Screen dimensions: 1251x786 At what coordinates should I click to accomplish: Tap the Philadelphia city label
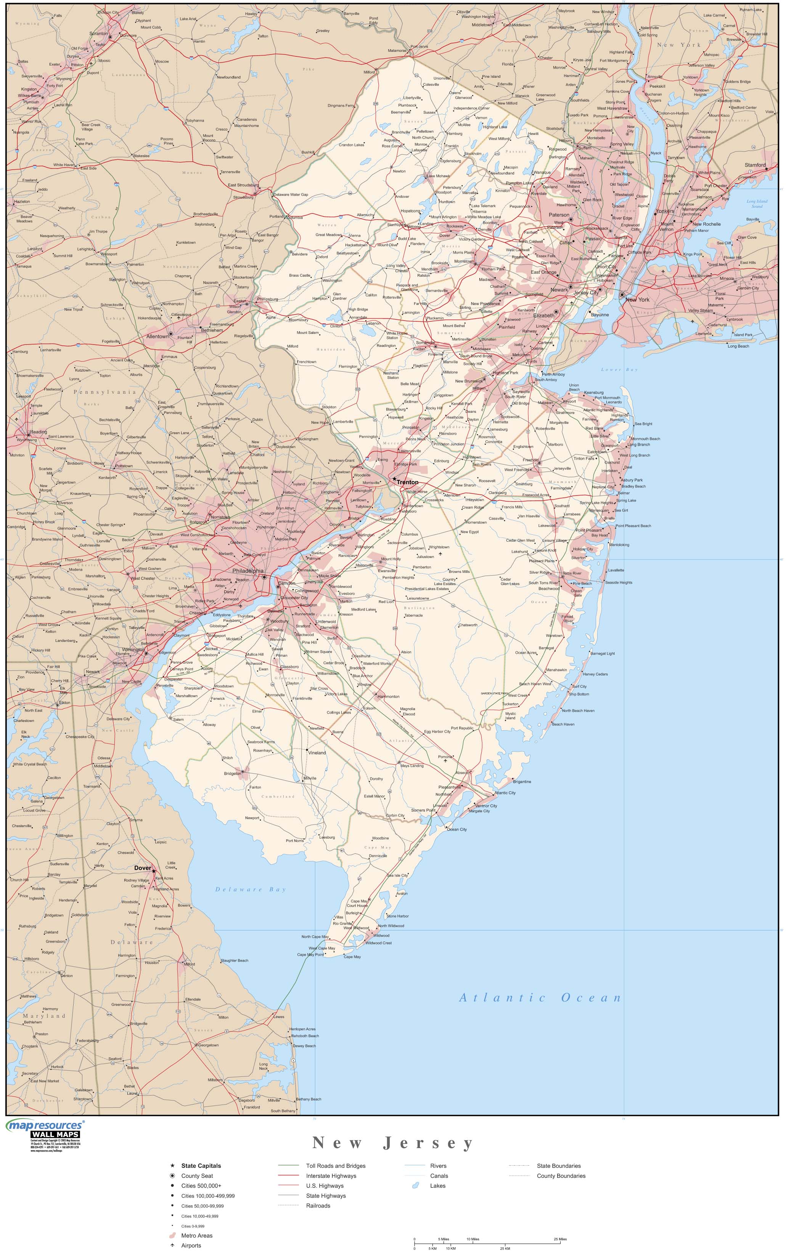[x=248, y=571]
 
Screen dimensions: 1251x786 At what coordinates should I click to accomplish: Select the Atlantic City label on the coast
[x=505, y=793]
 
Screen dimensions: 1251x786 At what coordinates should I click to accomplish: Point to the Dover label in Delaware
[x=142, y=868]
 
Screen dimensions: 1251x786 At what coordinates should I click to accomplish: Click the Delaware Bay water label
[x=251, y=889]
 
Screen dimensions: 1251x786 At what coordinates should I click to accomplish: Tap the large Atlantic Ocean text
[x=540, y=998]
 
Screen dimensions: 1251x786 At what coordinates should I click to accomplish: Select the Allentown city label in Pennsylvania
[x=157, y=336]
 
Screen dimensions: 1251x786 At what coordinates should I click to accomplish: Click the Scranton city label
[x=98, y=33]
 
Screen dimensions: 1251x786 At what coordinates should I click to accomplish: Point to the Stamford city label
[x=755, y=165]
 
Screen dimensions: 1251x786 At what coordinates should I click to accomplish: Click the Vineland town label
[x=317, y=752]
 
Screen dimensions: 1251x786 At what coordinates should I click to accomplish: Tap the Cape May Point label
[x=310, y=954]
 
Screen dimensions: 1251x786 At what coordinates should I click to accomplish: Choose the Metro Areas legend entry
[x=196, y=1235]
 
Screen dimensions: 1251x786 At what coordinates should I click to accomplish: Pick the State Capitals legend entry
[x=201, y=1166]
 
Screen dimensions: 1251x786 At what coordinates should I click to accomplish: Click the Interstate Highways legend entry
[x=331, y=1176]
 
